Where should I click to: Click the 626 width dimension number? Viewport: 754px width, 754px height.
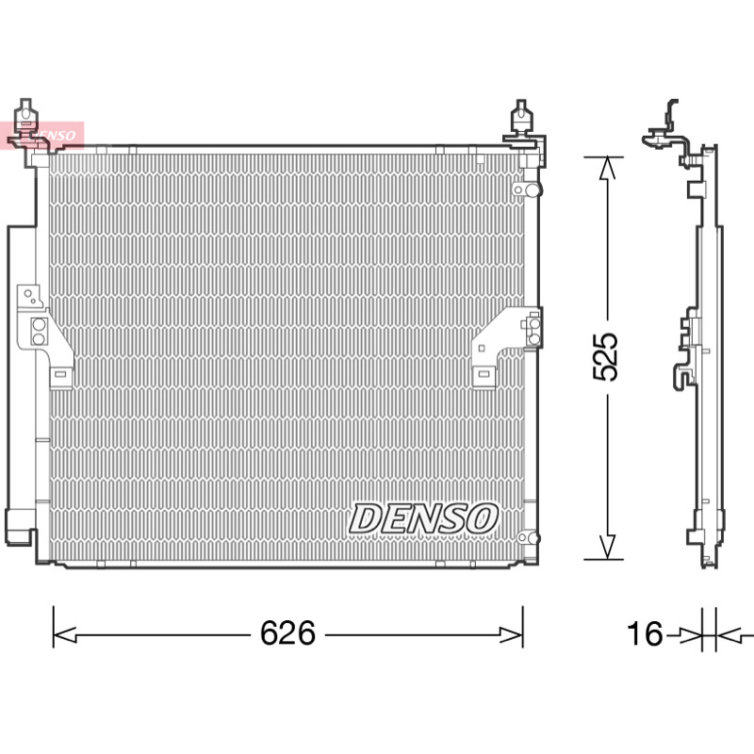pos(287,632)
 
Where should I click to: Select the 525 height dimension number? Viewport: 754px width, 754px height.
pos(605,357)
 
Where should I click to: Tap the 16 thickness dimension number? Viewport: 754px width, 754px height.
pos(645,632)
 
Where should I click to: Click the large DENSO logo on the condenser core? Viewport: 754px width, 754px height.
pos(423,518)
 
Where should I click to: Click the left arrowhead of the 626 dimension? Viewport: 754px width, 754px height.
pos(64,634)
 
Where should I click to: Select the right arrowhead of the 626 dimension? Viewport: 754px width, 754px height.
pos(511,634)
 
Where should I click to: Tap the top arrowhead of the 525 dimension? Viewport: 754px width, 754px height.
pos(607,169)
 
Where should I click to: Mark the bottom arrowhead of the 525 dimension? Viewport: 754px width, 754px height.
pos(607,548)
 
